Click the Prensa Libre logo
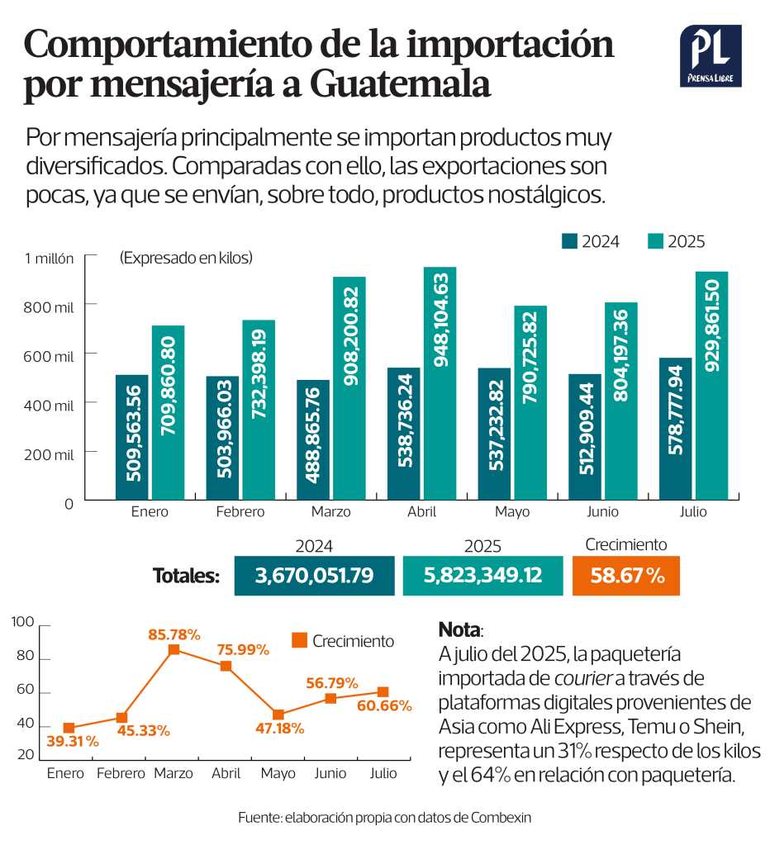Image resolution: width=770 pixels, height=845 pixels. point(711,56)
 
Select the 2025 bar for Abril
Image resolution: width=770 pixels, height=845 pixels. point(440,384)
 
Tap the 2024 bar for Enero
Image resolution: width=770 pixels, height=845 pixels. point(131,437)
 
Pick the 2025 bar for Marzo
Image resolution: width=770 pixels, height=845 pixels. point(349,388)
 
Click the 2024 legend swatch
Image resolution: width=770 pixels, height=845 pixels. point(569,241)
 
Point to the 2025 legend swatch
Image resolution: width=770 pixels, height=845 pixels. point(655,241)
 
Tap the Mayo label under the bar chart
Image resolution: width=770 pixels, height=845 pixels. point(512,512)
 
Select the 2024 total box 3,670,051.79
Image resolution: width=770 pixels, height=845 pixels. point(314,576)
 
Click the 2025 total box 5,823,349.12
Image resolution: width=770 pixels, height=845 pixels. point(483,576)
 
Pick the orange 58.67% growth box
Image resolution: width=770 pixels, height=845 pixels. point(625,576)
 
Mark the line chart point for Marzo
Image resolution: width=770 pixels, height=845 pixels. point(173,650)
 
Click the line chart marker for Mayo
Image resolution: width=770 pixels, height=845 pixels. point(278,714)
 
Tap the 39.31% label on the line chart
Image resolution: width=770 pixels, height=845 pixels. point(72,742)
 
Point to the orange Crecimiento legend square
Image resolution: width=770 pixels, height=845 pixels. point(300,640)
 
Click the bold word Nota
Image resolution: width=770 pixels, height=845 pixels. point(459,629)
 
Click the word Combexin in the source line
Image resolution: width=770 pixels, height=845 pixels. point(501,818)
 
